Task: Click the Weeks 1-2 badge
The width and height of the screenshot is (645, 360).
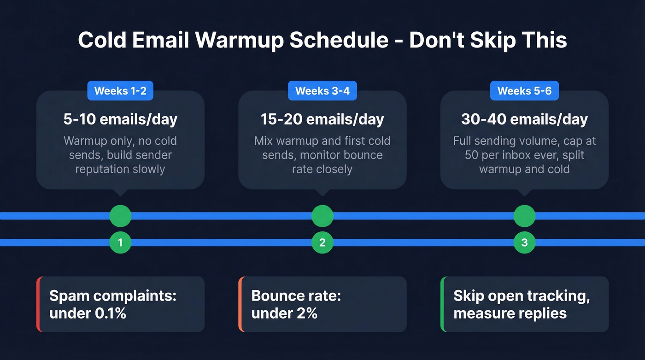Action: [120, 91]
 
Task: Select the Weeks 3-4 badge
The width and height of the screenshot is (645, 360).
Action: [322, 91]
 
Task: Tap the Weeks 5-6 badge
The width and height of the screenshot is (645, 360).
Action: [524, 91]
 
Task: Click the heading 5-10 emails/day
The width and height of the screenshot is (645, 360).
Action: [120, 119]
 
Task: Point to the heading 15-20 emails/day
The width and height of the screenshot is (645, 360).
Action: [322, 119]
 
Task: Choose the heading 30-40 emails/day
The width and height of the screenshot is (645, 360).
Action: [524, 119]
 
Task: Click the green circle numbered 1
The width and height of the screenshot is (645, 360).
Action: [120, 242]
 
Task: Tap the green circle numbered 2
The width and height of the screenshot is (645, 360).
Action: [322, 242]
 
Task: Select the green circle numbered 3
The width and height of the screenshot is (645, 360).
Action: [524, 242]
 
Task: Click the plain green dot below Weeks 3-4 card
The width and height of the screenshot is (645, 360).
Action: [322, 216]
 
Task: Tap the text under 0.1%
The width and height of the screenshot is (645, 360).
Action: [88, 313]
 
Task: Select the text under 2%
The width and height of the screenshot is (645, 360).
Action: [284, 313]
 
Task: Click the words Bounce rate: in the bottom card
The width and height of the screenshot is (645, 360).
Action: [296, 295]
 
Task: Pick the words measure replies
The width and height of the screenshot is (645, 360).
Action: [510, 313]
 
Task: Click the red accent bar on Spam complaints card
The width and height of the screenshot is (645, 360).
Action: [38, 304]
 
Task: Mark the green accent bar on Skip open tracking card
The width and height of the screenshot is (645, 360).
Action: [443, 304]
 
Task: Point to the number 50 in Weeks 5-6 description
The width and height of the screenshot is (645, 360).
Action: [471, 155]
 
